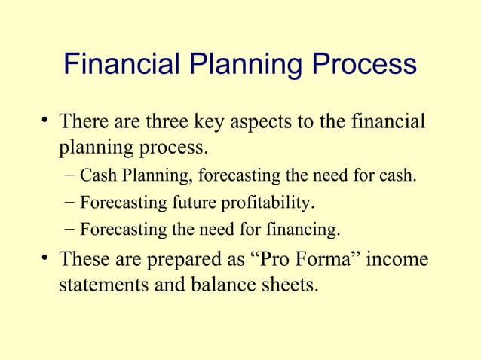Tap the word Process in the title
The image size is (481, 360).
pos(360,64)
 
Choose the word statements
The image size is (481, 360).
pos(103,286)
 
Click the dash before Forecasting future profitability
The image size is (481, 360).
pos(69,203)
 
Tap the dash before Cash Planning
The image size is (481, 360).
pos(69,176)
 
